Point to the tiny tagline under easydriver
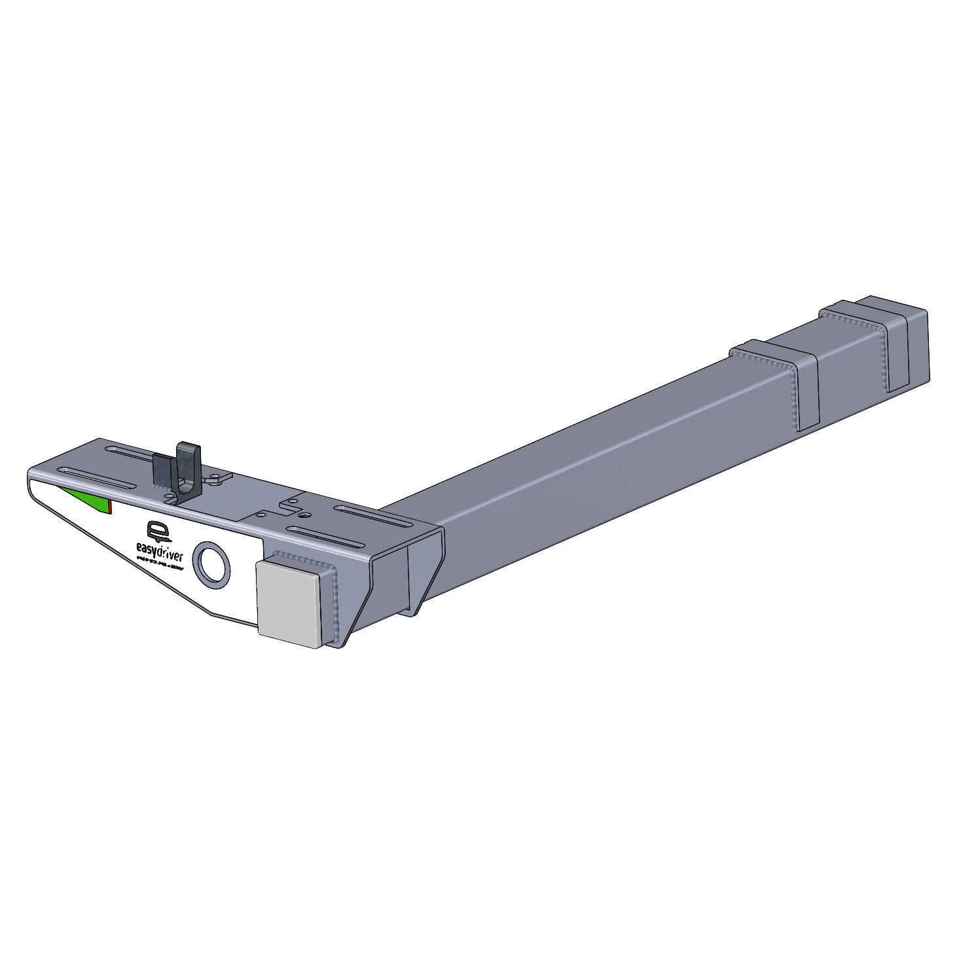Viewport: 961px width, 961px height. click(160, 566)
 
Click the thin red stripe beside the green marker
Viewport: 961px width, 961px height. click(111, 507)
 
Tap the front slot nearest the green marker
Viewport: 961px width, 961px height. click(98, 477)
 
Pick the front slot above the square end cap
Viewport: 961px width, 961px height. click(326, 535)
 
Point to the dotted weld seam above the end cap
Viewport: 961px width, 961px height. click(303, 556)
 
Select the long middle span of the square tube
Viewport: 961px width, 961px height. click(589, 458)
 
